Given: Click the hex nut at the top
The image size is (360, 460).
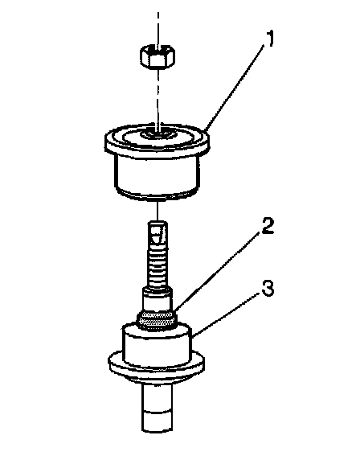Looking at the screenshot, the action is point(157,55).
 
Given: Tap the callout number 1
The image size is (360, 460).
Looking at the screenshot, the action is point(269,39).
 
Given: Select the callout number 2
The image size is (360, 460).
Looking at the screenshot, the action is point(268,226).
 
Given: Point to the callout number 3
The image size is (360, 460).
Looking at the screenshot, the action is point(268,288).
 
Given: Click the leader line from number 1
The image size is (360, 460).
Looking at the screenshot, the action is point(235,88).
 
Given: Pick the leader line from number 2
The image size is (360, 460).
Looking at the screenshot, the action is point(217,272).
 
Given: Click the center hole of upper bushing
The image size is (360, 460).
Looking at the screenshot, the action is point(158,134).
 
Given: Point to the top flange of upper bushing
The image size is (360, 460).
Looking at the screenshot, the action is point(157,139).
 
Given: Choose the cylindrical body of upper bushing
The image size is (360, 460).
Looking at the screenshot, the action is point(157,175).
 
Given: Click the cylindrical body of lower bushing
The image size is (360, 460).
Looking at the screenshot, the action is point(157,346).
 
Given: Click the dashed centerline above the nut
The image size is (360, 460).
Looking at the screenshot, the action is point(158,29).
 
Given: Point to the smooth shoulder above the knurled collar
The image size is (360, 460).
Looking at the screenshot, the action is point(157,300).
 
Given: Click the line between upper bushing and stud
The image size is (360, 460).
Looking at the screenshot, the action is point(158,209).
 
